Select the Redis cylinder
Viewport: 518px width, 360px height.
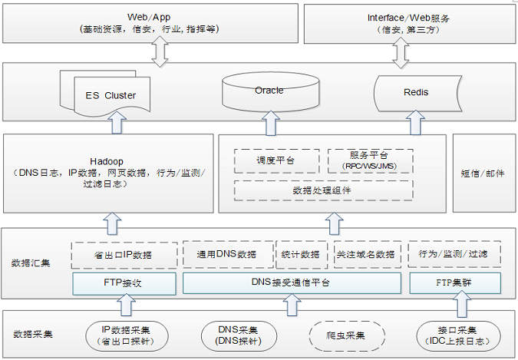(x=415, y=92)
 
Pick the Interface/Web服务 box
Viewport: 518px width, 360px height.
(x=408, y=22)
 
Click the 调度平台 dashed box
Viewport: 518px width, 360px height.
(x=266, y=161)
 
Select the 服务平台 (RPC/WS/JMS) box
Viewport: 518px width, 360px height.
(x=371, y=161)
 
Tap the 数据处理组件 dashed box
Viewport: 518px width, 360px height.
(x=323, y=190)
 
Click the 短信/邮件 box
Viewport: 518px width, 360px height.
(x=483, y=173)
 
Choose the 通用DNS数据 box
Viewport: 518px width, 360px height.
(x=228, y=254)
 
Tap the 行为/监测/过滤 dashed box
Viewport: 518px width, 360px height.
(x=454, y=254)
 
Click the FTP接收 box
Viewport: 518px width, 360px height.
(x=124, y=283)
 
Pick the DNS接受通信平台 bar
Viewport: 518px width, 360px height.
(x=292, y=283)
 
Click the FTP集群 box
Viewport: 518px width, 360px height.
(x=455, y=283)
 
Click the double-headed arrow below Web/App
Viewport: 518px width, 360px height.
(x=160, y=53)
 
